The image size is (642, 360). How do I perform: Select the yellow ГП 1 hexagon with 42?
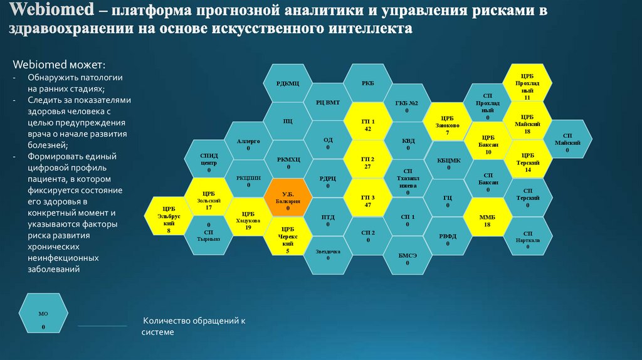(x=368, y=123)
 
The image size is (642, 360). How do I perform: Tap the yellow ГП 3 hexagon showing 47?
(x=368, y=199)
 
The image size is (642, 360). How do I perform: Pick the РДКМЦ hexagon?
(x=288, y=83)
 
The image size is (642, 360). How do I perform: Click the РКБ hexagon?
(x=368, y=83)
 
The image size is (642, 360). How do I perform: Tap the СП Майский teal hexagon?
(x=567, y=141)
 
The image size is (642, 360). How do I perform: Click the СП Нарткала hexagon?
(x=527, y=238)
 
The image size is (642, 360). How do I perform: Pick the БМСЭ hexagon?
(x=408, y=257)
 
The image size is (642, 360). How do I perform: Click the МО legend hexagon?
(x=43, y=317)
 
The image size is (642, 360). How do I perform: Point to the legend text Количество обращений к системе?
(x=192, y=326)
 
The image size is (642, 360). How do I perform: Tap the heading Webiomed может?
(x=59, y=65)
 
